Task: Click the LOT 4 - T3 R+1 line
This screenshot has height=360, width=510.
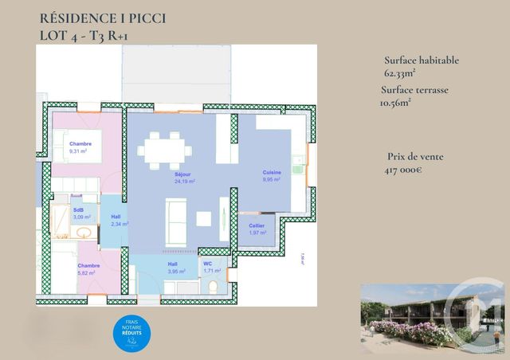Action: (82, 35)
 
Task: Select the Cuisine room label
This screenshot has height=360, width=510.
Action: (273, 173)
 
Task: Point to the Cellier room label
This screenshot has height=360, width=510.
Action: (257, 226)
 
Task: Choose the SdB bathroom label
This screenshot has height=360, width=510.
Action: (78, 210)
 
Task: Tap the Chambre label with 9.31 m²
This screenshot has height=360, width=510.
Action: (80, 144)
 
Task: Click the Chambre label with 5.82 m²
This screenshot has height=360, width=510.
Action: (88, 266)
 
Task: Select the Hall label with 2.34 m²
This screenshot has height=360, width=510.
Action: (116, 216)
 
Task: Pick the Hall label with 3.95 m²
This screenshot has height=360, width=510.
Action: (172, 264)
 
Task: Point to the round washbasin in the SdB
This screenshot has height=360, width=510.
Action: (82, 232)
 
